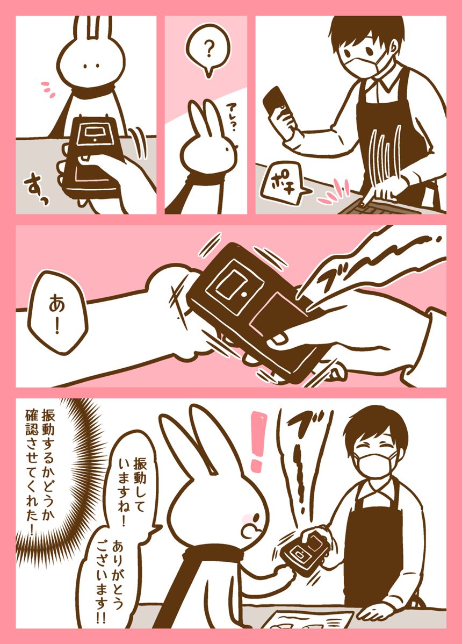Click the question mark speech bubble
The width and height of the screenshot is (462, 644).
tap(208, 49)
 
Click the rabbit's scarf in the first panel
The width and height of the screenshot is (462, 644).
tap(91, 91)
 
